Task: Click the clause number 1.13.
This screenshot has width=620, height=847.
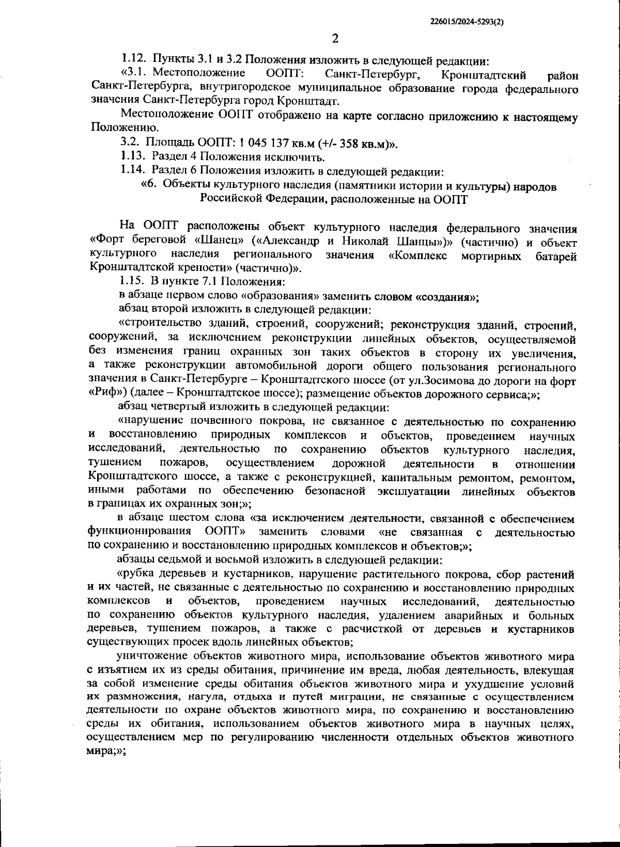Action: click(x=133, y=157)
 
